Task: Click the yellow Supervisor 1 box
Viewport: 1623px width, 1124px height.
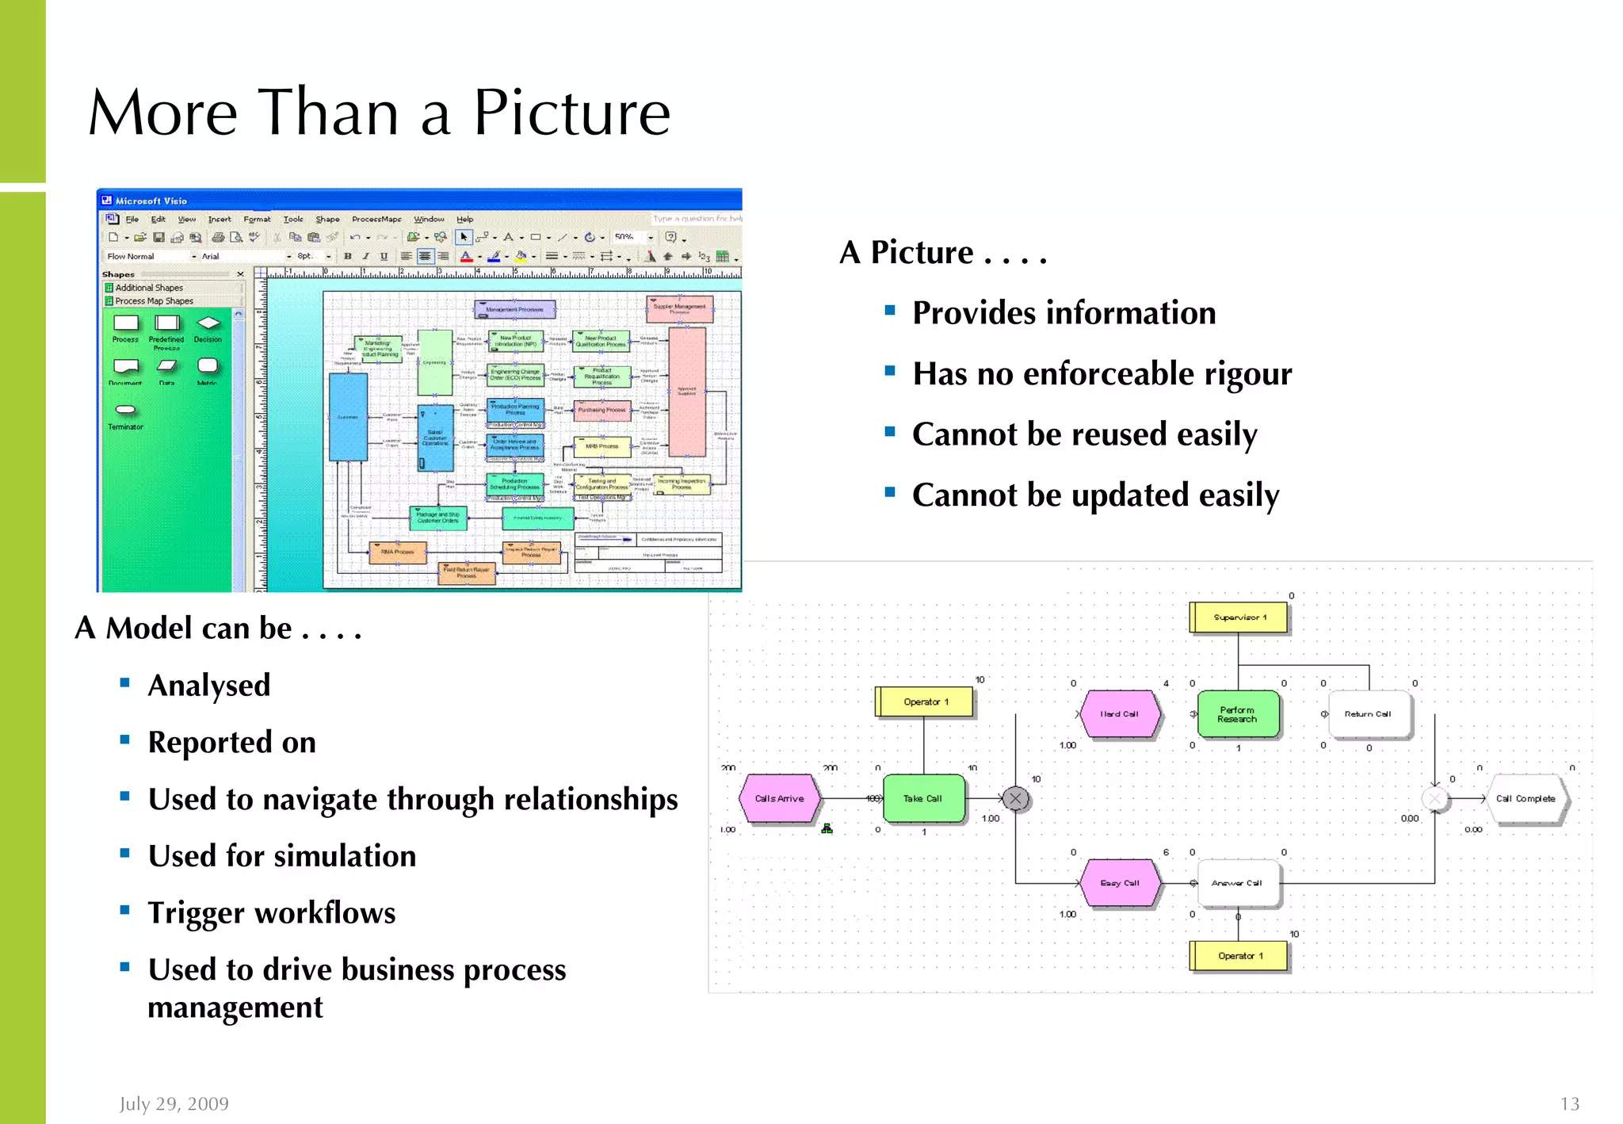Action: pyautogui.click(x=1239, y=617)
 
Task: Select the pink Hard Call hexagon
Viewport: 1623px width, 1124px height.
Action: pyautogui.click(x=1119, y=714)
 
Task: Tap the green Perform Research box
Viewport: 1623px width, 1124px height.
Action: pyautogui.click(x=1237, y=714)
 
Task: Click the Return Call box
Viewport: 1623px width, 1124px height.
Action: pyautogui.click(x=1368, y=714)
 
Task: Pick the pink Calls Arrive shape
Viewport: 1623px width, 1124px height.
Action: pyautogui.click(x=779, y=799)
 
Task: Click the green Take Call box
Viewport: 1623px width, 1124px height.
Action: pyautogui.click(x=923, y=799)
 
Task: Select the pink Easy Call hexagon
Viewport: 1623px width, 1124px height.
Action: pyautogui.click(x=1119, y=883)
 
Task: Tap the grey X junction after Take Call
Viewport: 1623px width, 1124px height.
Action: pyautogui.click(x=1015, y=799)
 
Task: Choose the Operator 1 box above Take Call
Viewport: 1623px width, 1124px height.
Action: pyautogui.click(x=925, y=702)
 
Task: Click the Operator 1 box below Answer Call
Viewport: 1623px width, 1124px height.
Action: pyautogui.click(x=1239, y=956)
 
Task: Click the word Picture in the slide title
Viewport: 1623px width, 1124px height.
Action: pyautogui.click(x=571, y=113)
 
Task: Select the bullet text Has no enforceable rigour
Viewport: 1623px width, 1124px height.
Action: pyautogui.click(x=1102, y=373)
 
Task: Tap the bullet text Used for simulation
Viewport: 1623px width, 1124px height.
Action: pyautogui.click(x=281, y=856)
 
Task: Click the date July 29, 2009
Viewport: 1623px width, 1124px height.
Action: pyautogui.click(x=174, y=1103)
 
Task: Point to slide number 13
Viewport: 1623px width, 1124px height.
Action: pyautogui.click(x=1569, y=1103)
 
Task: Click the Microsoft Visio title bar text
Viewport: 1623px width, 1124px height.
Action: pyautogui.click(x=151, y=201)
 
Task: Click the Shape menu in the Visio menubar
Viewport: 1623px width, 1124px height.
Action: pyautogui.click(x=327, y=220)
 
